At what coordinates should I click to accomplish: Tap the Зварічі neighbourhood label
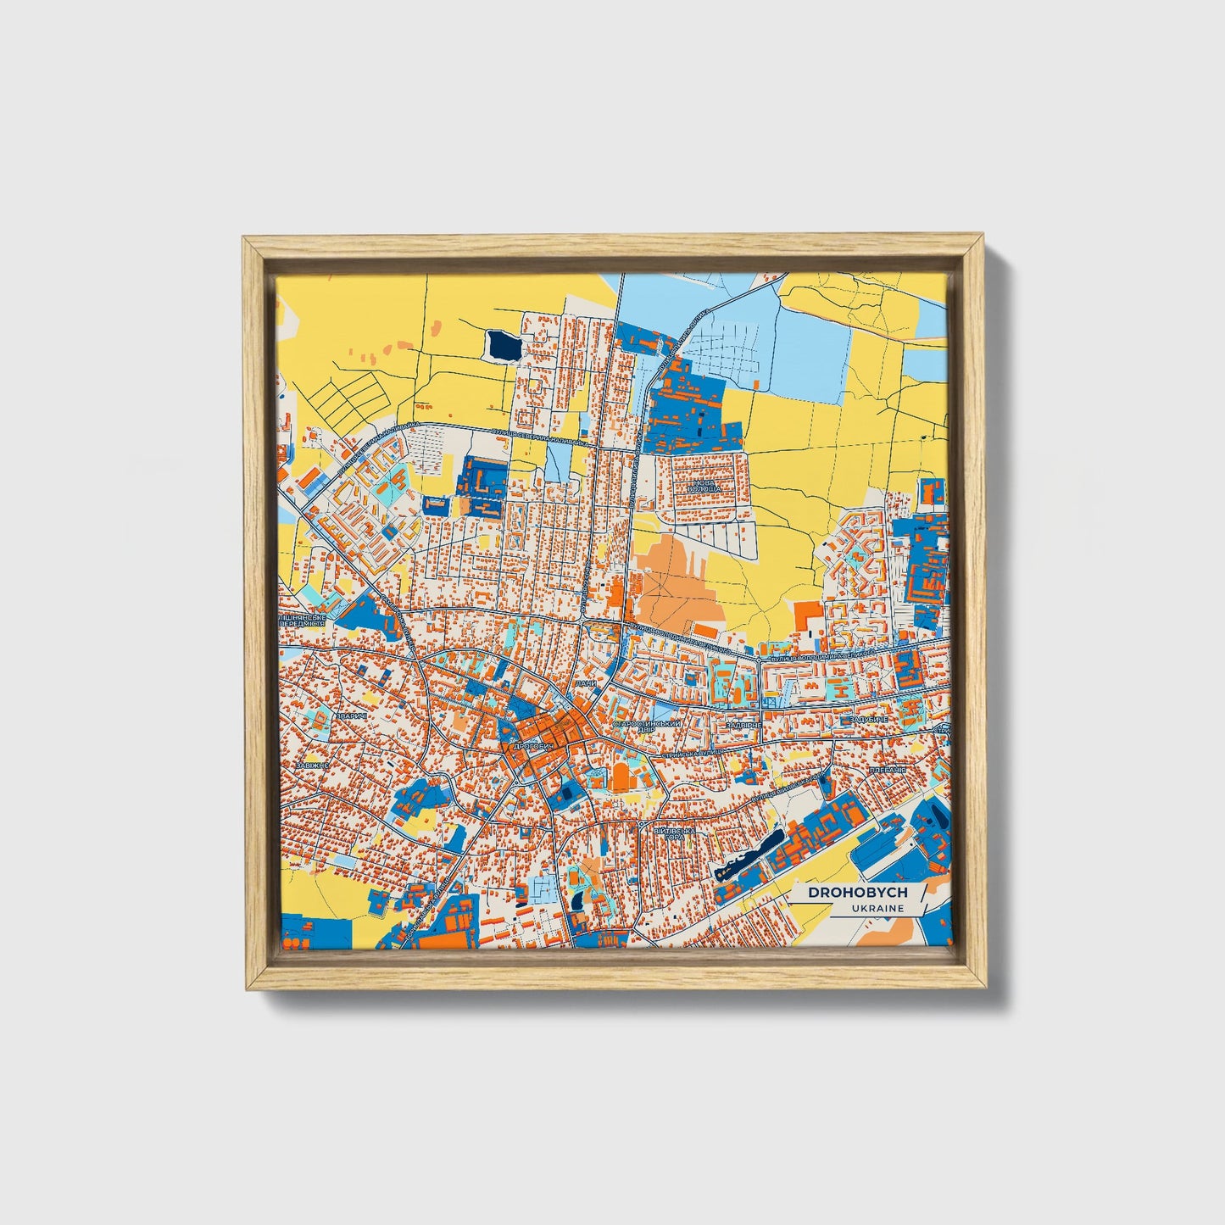pyautogui.click(x=351, y=716)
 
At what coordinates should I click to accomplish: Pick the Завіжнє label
pyautogui.click(x=311, y=764)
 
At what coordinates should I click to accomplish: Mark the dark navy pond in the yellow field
pyautogui.click(x=503, y=345)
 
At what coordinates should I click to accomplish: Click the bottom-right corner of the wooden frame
pyautogui.click(x=985, y=988)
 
